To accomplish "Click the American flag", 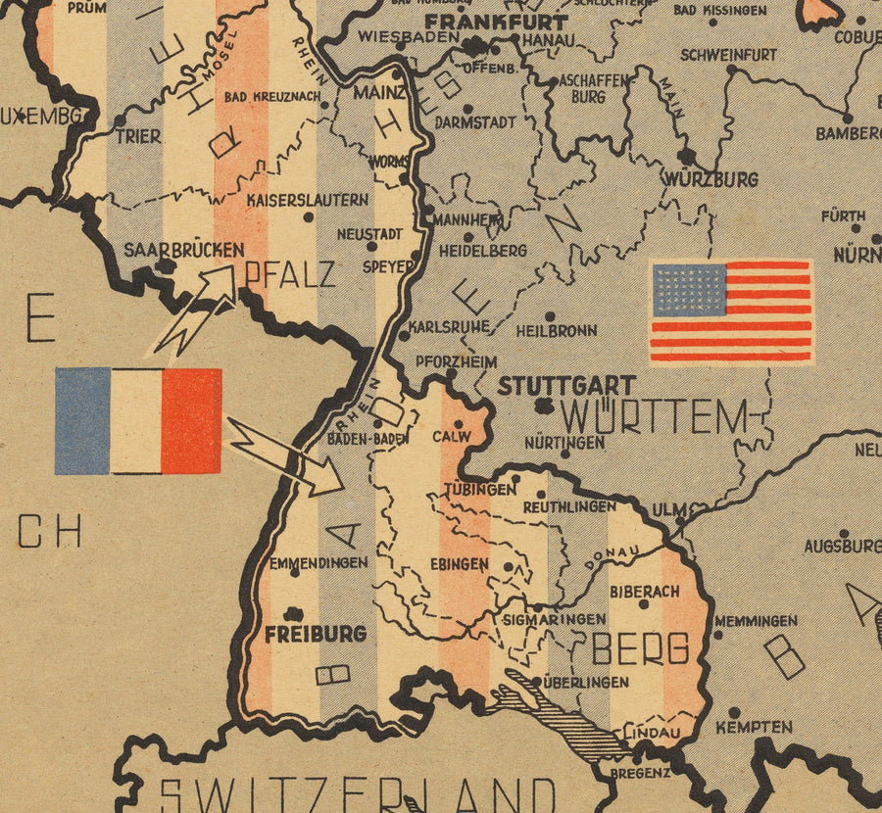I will (731, 311).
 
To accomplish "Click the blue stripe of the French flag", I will (82, 420).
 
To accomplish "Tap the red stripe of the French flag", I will (191, 420).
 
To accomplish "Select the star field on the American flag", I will (688, 289).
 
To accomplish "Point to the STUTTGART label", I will (566, 386).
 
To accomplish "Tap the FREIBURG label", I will (315, 634).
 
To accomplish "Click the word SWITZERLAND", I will (358, 791).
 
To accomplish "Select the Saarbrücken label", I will (183, 250).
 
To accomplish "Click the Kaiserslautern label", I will (308, 200).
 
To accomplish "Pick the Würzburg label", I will (710, 179).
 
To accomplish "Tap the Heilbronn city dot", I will (550, 316).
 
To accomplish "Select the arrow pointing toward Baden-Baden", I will (285, 455).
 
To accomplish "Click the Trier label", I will (138, 136).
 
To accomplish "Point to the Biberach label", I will (644, 592).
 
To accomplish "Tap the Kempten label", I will (754, 727).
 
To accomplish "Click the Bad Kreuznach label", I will (271, 98).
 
